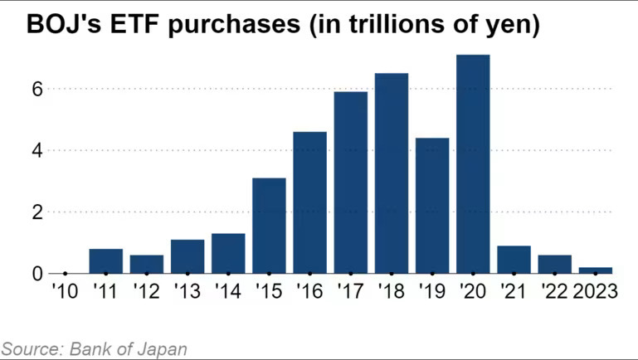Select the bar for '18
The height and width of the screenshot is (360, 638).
(x=392, y=173)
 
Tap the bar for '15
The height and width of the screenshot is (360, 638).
(x=269, y=226)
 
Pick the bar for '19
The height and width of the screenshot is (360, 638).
(x=432, y=206)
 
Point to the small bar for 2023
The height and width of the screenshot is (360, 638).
(x=596, y=270)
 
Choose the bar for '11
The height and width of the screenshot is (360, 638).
(x=105, y=261)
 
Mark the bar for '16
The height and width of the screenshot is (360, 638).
(x=309, y=202)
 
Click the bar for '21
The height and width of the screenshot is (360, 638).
(x=514, y=260)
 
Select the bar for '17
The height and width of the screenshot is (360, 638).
(x=351, y=182)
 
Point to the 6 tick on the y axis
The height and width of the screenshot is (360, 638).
(x=36, y=89)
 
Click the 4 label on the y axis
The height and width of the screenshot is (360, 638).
(x=36, y=151)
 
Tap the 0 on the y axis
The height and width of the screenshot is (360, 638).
(x=36, y=274)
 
